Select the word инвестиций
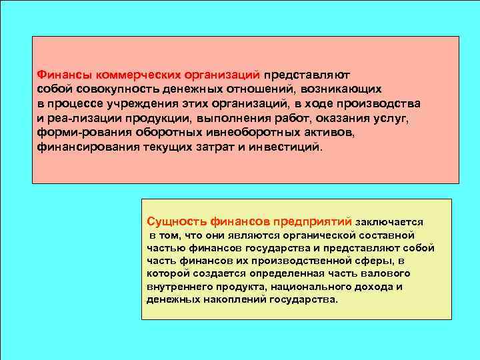tap(288, 147)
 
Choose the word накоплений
tap(235, 299)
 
